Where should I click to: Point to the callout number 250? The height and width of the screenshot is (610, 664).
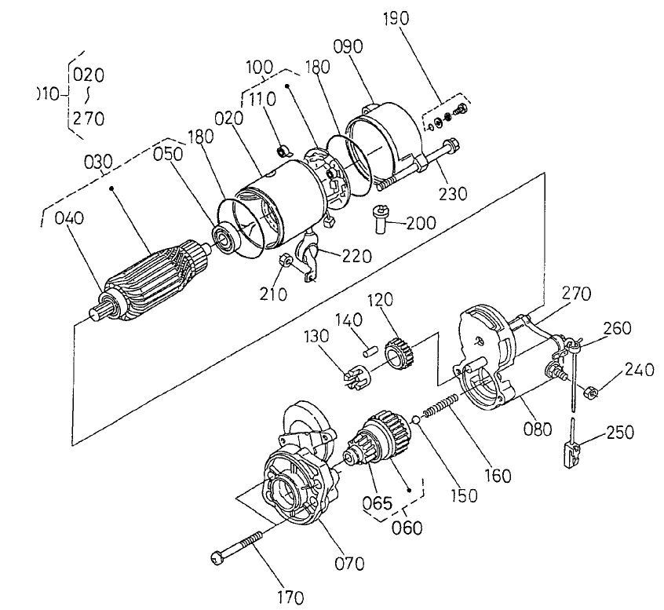[620, 432]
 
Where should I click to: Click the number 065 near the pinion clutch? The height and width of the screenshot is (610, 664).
[378, 502]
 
